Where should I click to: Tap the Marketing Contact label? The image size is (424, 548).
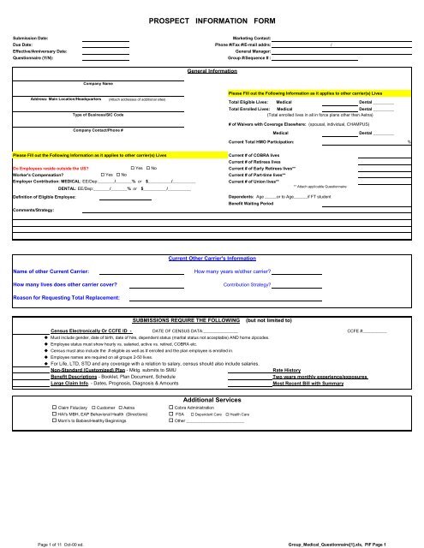tap(252, 39)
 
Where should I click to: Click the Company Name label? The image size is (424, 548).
tap(99, 83)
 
